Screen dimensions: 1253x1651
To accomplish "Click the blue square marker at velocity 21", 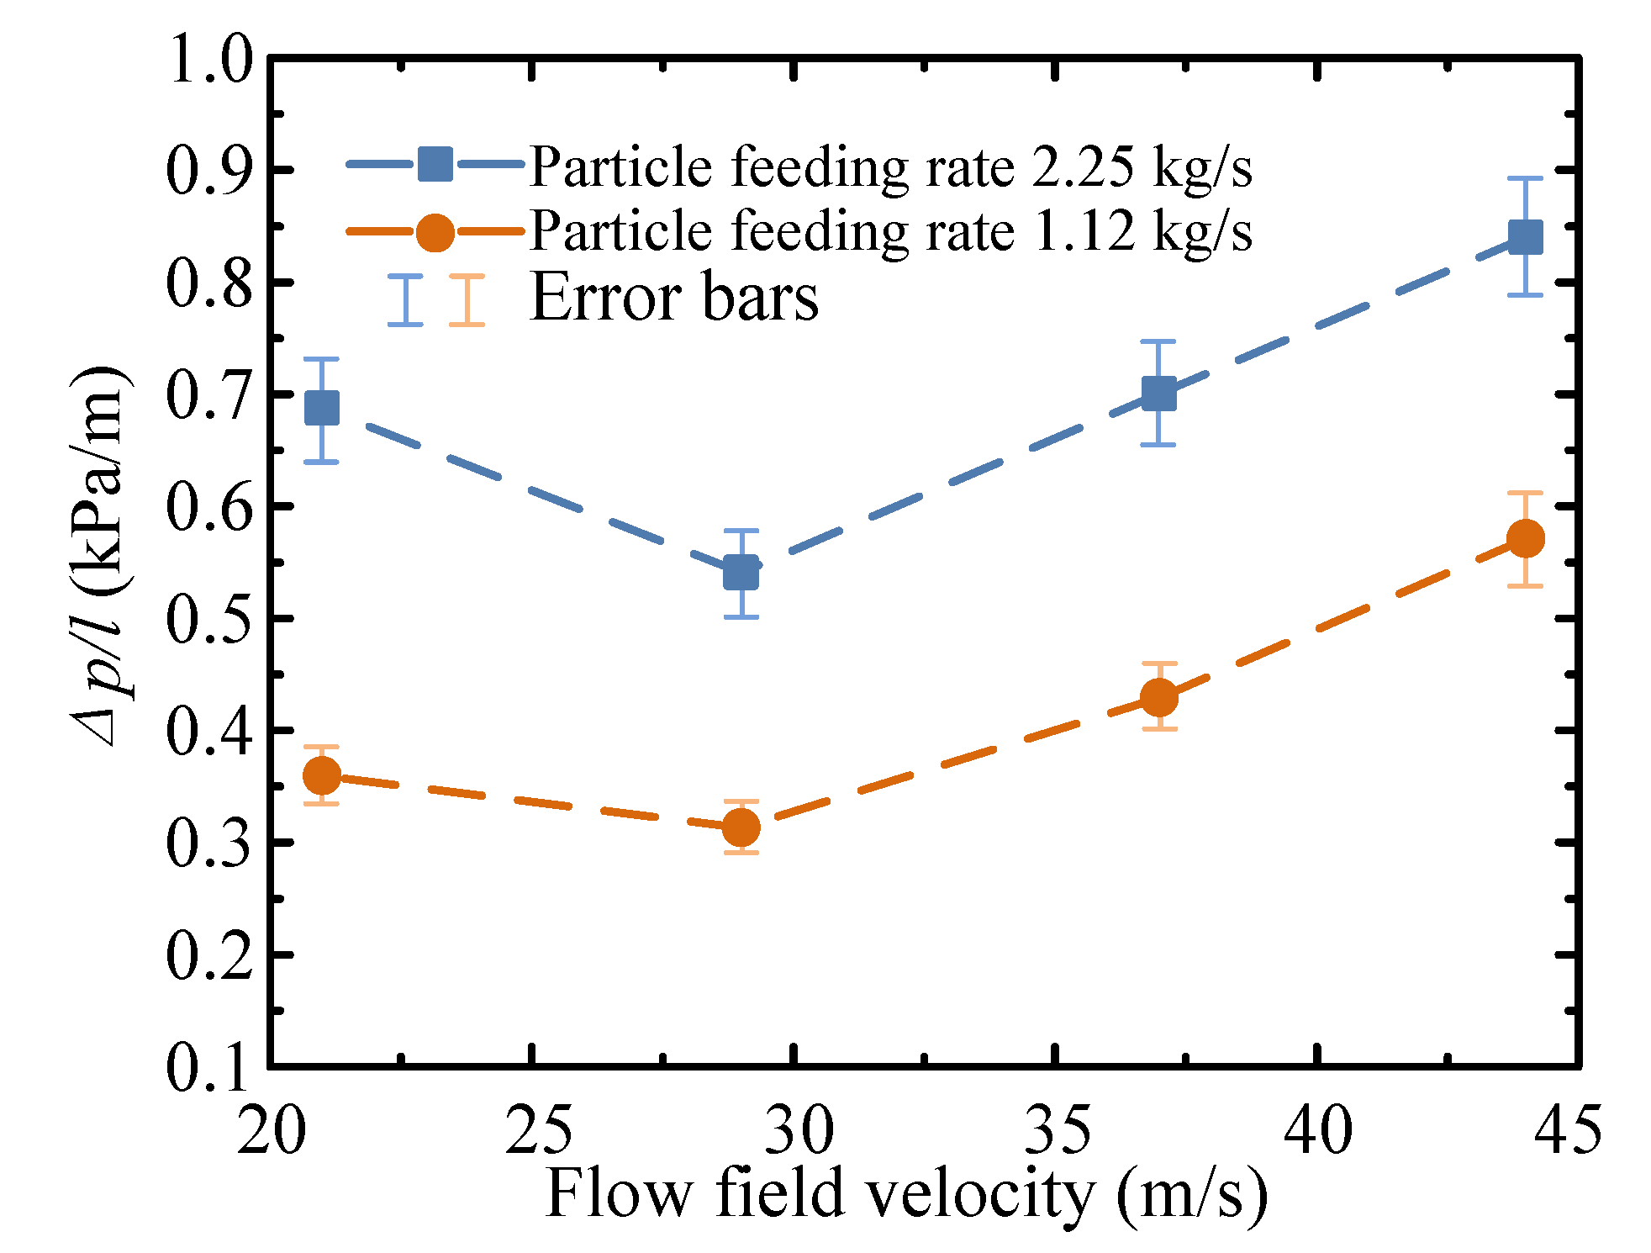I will click(322, 409).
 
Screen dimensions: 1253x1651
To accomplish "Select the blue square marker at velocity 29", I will click(741, 574).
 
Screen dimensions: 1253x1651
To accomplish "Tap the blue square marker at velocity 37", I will click(1159, 393).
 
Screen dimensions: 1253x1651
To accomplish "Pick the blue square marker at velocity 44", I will click(1525, 237).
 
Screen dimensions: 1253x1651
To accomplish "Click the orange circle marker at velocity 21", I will click(322, 775).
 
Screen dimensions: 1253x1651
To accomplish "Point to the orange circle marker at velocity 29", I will click(741, 827).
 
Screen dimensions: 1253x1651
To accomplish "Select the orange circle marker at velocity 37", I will click(1159, 697).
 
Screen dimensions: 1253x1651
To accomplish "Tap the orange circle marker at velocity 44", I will click(1525, 539).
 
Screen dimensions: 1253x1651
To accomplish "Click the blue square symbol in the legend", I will click(435, 164).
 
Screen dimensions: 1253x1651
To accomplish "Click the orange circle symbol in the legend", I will click(435, 232).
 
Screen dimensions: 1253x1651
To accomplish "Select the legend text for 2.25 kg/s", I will click(891, 167).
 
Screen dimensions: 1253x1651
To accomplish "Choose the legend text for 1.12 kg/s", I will click(891, 231).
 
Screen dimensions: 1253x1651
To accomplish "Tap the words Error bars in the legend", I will click(674, 298).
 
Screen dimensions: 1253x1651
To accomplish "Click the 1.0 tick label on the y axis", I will click(208, 61).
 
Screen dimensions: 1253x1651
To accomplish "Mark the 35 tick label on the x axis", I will click(1057, 1131).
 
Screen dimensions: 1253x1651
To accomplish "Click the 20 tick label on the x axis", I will click(271, 1131).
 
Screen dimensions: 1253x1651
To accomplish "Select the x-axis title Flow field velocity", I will click(906, 1194).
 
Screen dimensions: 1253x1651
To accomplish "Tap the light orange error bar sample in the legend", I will click(467, 300).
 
